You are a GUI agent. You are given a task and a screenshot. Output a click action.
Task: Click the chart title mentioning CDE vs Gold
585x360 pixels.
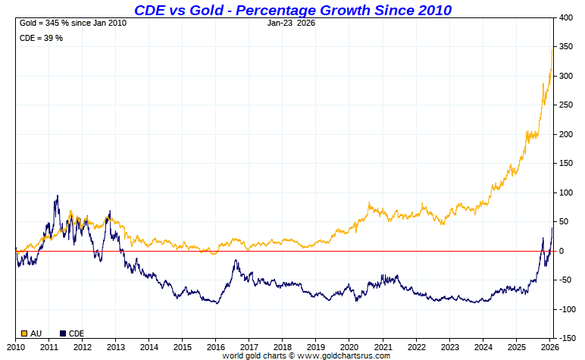292,10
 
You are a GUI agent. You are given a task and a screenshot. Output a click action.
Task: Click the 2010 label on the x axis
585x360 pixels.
16,346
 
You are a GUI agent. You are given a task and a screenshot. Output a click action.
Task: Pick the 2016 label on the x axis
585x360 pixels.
216,346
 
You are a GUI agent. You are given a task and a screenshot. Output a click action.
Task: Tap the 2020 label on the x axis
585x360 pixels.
349,346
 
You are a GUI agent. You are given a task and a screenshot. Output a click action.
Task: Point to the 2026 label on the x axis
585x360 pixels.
549,346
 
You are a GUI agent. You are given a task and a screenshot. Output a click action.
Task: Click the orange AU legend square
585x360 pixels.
24,333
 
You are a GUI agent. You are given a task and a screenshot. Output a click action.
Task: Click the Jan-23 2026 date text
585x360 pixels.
292,23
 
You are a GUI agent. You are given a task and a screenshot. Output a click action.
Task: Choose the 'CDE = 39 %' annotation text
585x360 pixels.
41,38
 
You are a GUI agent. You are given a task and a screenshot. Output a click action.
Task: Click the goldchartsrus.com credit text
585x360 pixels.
306,355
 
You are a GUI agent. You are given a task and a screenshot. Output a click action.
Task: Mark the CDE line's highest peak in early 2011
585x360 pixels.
58,196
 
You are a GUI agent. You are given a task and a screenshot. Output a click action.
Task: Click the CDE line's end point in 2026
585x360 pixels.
552,228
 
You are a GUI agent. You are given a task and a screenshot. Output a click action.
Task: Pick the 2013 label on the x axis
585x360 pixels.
116,346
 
